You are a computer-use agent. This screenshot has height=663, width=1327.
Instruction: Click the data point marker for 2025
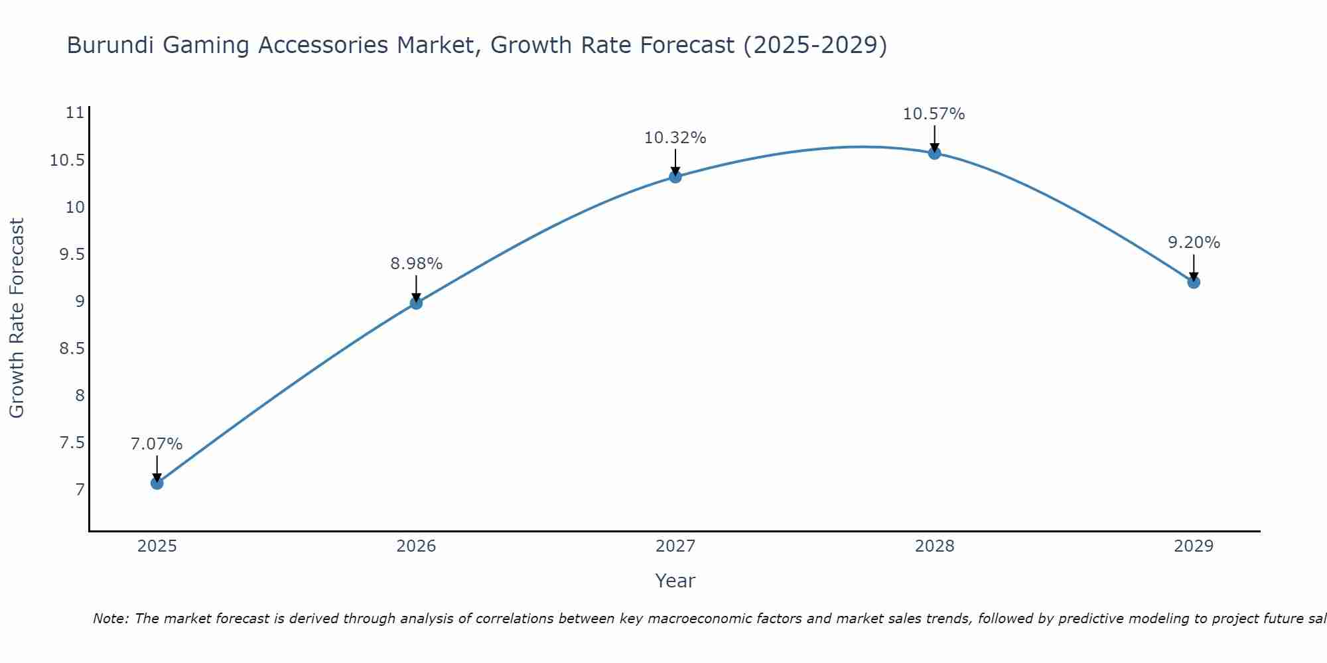point(157,483)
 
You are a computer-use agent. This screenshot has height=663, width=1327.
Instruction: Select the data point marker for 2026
point(416,303)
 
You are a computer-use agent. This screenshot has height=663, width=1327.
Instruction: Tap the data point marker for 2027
point(675,176)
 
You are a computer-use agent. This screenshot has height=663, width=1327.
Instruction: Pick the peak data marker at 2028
point(934,153)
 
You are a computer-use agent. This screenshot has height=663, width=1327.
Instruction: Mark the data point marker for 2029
point(1194,282)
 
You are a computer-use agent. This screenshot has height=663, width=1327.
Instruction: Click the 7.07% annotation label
point(157,444)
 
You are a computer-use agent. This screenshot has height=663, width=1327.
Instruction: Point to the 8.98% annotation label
point(416,264)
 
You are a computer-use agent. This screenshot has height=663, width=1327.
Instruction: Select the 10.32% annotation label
point(675,138)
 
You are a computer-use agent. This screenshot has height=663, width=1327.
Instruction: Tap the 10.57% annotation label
point(934,114)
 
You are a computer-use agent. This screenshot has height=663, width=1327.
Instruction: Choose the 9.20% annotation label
point(1194,243)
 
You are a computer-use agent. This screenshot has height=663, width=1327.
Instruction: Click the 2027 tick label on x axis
point(675,546)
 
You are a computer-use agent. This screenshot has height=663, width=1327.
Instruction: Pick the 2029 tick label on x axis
point(1194,546)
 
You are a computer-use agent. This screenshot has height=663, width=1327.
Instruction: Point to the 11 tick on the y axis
point(76,113)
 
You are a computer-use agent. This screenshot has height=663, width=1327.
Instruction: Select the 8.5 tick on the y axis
point(72,348)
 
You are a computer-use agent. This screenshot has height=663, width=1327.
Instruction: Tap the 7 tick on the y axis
point(80,490)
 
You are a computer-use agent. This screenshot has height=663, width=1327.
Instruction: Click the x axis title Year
point(675,581)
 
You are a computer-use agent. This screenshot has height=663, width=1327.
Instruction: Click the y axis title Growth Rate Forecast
point(17,318)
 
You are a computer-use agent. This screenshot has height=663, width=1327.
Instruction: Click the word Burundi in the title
point(110,45)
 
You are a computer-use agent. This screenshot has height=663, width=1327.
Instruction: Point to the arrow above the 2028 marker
point(934,139)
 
